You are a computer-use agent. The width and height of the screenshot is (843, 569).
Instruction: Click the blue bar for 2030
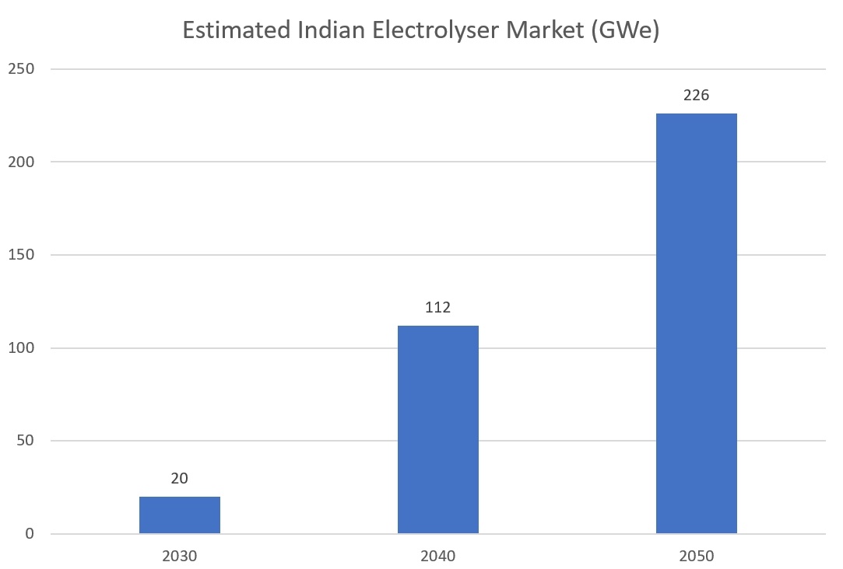click(180, 515)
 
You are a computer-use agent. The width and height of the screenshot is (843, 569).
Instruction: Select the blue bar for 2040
click(438, 429)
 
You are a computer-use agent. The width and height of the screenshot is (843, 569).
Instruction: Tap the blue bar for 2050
click(697, 323)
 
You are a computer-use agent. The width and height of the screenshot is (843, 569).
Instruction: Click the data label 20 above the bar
click(180, 479)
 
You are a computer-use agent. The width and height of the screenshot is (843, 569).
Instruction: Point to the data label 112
click(438, 308)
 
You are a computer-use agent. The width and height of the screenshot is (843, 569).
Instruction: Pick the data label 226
click(697, 96)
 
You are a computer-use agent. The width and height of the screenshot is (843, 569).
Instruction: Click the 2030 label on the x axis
click(180, 557)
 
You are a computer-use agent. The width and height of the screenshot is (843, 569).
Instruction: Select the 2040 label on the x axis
click(438, 557)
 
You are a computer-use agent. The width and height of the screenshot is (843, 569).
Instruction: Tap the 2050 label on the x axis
click(697, 557)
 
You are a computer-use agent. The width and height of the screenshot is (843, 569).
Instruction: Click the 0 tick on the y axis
click(30, 534)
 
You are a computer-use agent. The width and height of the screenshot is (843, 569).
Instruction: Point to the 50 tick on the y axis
click(26, 441)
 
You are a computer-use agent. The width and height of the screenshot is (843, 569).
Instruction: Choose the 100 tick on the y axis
click(22, 347)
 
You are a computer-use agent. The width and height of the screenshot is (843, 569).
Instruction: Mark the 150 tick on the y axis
click(22, 255)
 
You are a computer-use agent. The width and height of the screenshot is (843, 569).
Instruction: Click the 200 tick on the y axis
click(22, 162)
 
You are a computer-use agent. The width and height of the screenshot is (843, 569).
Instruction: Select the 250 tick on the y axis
click(22, 68)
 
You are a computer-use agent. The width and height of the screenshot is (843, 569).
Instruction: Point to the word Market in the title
click(528, 31)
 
